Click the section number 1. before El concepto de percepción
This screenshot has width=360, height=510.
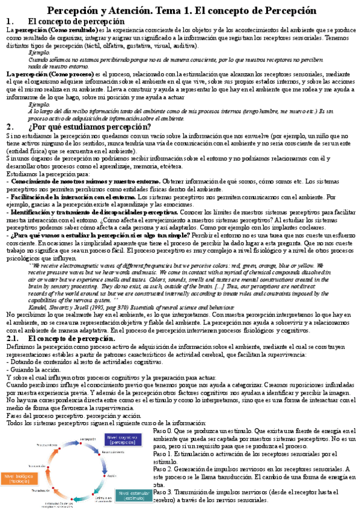pos(9,22)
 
